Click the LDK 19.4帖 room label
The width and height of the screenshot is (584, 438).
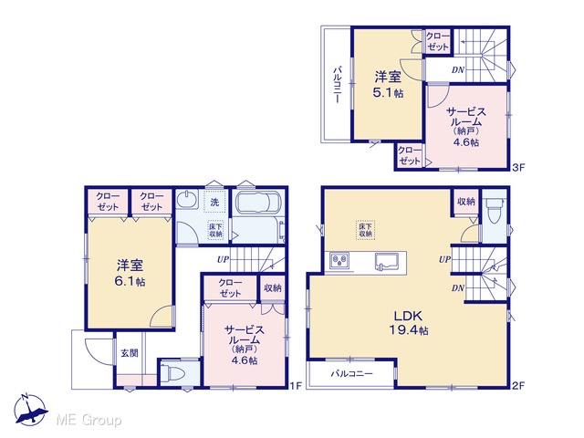click(x=409, y=323)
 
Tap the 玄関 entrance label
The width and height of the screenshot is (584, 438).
click(x=130, y=353)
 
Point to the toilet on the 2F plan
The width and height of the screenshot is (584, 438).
click(x=495, y=210)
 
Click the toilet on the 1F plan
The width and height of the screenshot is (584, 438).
click(x=173, y=372)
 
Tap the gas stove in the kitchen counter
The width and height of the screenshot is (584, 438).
click(x=339, y=259)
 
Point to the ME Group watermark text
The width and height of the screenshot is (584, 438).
click(x=89, y=420)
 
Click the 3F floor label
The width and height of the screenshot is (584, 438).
click(x=518, y=167)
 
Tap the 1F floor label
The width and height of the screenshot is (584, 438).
click(x=296, y=386)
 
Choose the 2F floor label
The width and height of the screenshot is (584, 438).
click(x=518, y=386)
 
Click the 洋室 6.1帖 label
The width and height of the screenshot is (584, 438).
click(x=130, y=273)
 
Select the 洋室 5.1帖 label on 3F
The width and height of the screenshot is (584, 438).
click(x=388, y=85)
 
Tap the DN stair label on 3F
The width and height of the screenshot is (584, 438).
click(x=458, y=69)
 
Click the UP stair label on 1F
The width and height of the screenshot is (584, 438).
click(x=223, y=259)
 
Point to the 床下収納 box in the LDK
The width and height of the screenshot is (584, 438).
click(x=365, y=230)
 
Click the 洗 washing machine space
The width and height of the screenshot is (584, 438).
click(x=215, y=203)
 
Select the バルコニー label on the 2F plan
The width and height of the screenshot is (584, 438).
click(x=351, y=373)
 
